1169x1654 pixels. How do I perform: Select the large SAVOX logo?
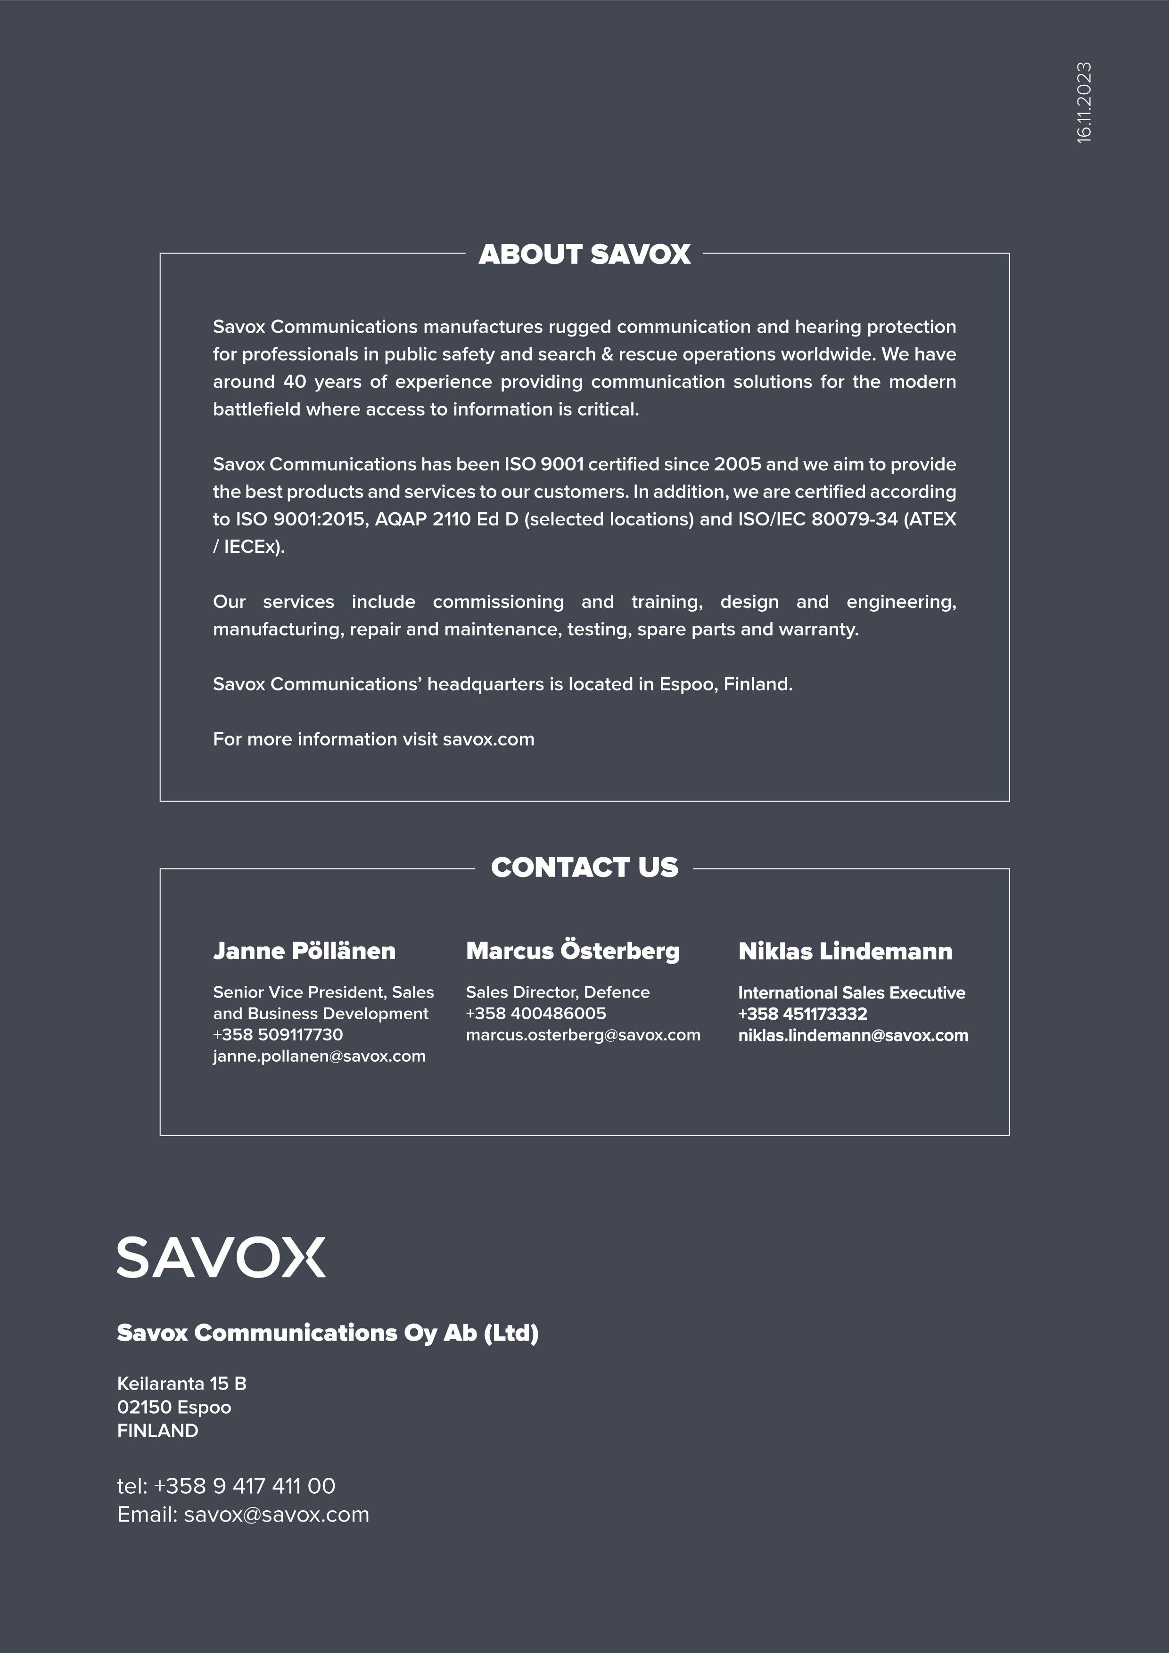click(x=221, y=1257)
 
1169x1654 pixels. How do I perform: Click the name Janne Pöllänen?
click(x=304, y=951)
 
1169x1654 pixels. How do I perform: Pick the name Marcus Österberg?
click(x=573, y=951)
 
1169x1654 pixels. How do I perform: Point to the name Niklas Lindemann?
click(x=845, y=951)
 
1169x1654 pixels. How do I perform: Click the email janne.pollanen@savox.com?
click(x=319, y=1056)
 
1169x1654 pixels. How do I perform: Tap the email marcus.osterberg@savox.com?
click(x=583, y=1035)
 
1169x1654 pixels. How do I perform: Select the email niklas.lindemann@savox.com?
click(x=853, y=1035)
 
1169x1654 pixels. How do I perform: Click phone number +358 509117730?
click(x=278, y=1034)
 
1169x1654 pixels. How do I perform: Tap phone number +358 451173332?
click(x=802, y=1014)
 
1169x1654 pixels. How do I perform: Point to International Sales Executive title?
click(x=851, y=993)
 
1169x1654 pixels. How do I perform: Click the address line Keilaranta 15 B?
click(x=181, y=1383)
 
